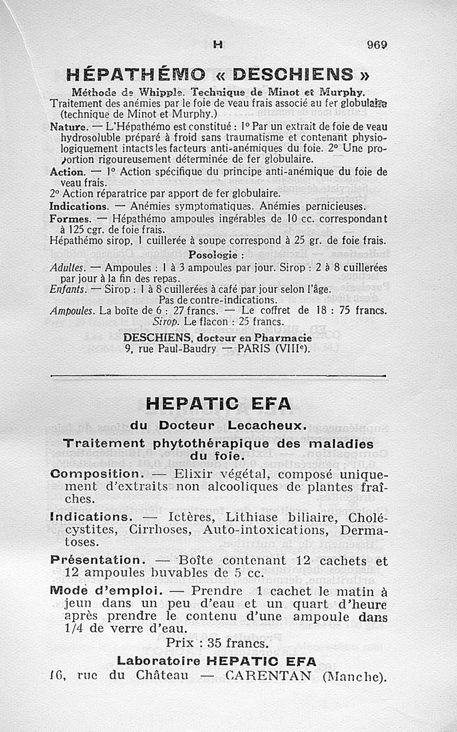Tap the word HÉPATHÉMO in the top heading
point(136,74)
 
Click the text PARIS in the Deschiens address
point(266,346)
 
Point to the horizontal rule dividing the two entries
point(218,376)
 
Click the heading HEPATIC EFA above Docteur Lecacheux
point(218,404)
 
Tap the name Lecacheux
point(267,425)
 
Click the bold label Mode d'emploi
point(107,591)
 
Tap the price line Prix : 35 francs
point(217,643)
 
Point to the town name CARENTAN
point(268,677)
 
